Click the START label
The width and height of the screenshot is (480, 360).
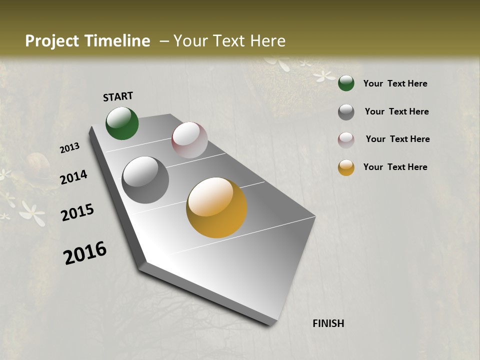pos(118,96)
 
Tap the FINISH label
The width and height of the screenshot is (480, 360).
pos(328,323)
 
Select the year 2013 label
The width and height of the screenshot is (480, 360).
pos(70,148)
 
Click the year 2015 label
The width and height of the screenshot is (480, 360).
pos(77,212)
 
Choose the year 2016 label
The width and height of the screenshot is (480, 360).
pos(85,252)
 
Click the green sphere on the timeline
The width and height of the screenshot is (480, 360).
pos(122,123)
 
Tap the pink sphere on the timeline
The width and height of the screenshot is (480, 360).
pos(189,140)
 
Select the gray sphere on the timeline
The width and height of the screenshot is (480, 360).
pos(145,180)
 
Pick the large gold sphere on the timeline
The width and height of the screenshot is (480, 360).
pos(216,207)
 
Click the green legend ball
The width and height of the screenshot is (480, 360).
pos(346,83)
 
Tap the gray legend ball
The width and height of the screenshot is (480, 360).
pos(346,112)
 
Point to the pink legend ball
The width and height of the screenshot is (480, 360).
pos(346,140)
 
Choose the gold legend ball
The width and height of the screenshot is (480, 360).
pos(346,167)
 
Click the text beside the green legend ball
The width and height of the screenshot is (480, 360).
pos(395,83)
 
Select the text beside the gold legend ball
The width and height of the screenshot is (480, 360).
pos(395,167)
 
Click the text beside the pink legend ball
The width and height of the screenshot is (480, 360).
pos(397,139)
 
